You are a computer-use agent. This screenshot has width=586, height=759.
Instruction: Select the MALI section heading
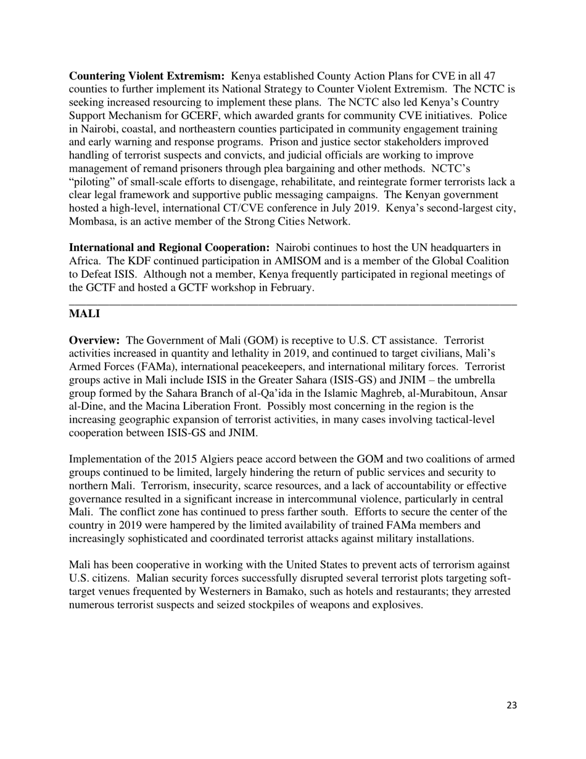pos(85,313)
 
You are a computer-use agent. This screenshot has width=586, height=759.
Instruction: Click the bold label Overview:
pos(94,341)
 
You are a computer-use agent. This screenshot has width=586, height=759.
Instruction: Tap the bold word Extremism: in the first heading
pos(197,76)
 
